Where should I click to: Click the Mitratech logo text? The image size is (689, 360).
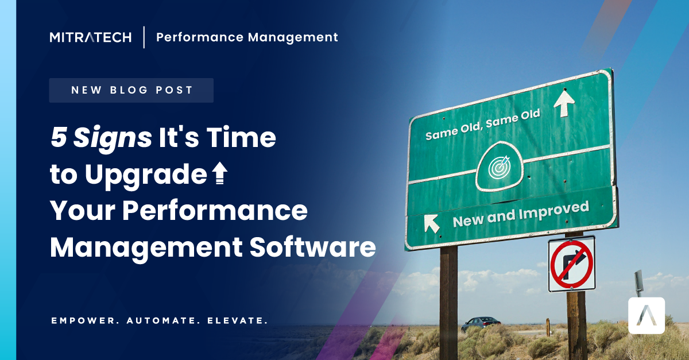pyautogui.click(x=91, y=38)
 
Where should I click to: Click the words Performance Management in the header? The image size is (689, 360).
pyautogui.click(x=247, y=38)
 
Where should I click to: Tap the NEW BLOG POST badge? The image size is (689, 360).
pyautogui.click(x=131, y=90)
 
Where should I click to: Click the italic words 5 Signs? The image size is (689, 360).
pyautogui.click(x=101, y=139)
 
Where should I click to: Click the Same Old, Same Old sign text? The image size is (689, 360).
pyautogui.click(x=482, y=125)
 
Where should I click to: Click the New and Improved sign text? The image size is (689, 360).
pyautogui.click(x=520, y=214)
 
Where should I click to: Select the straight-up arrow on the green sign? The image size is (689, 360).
pyautogui.click(x=564, y=103)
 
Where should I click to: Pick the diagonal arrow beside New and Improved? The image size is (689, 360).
pyautogui.click(x=432, y=223)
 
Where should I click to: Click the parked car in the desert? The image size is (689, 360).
pyautogui.click(x=481, y=324)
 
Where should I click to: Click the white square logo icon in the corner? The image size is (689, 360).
pyautogui.click(x=647, y=316)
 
